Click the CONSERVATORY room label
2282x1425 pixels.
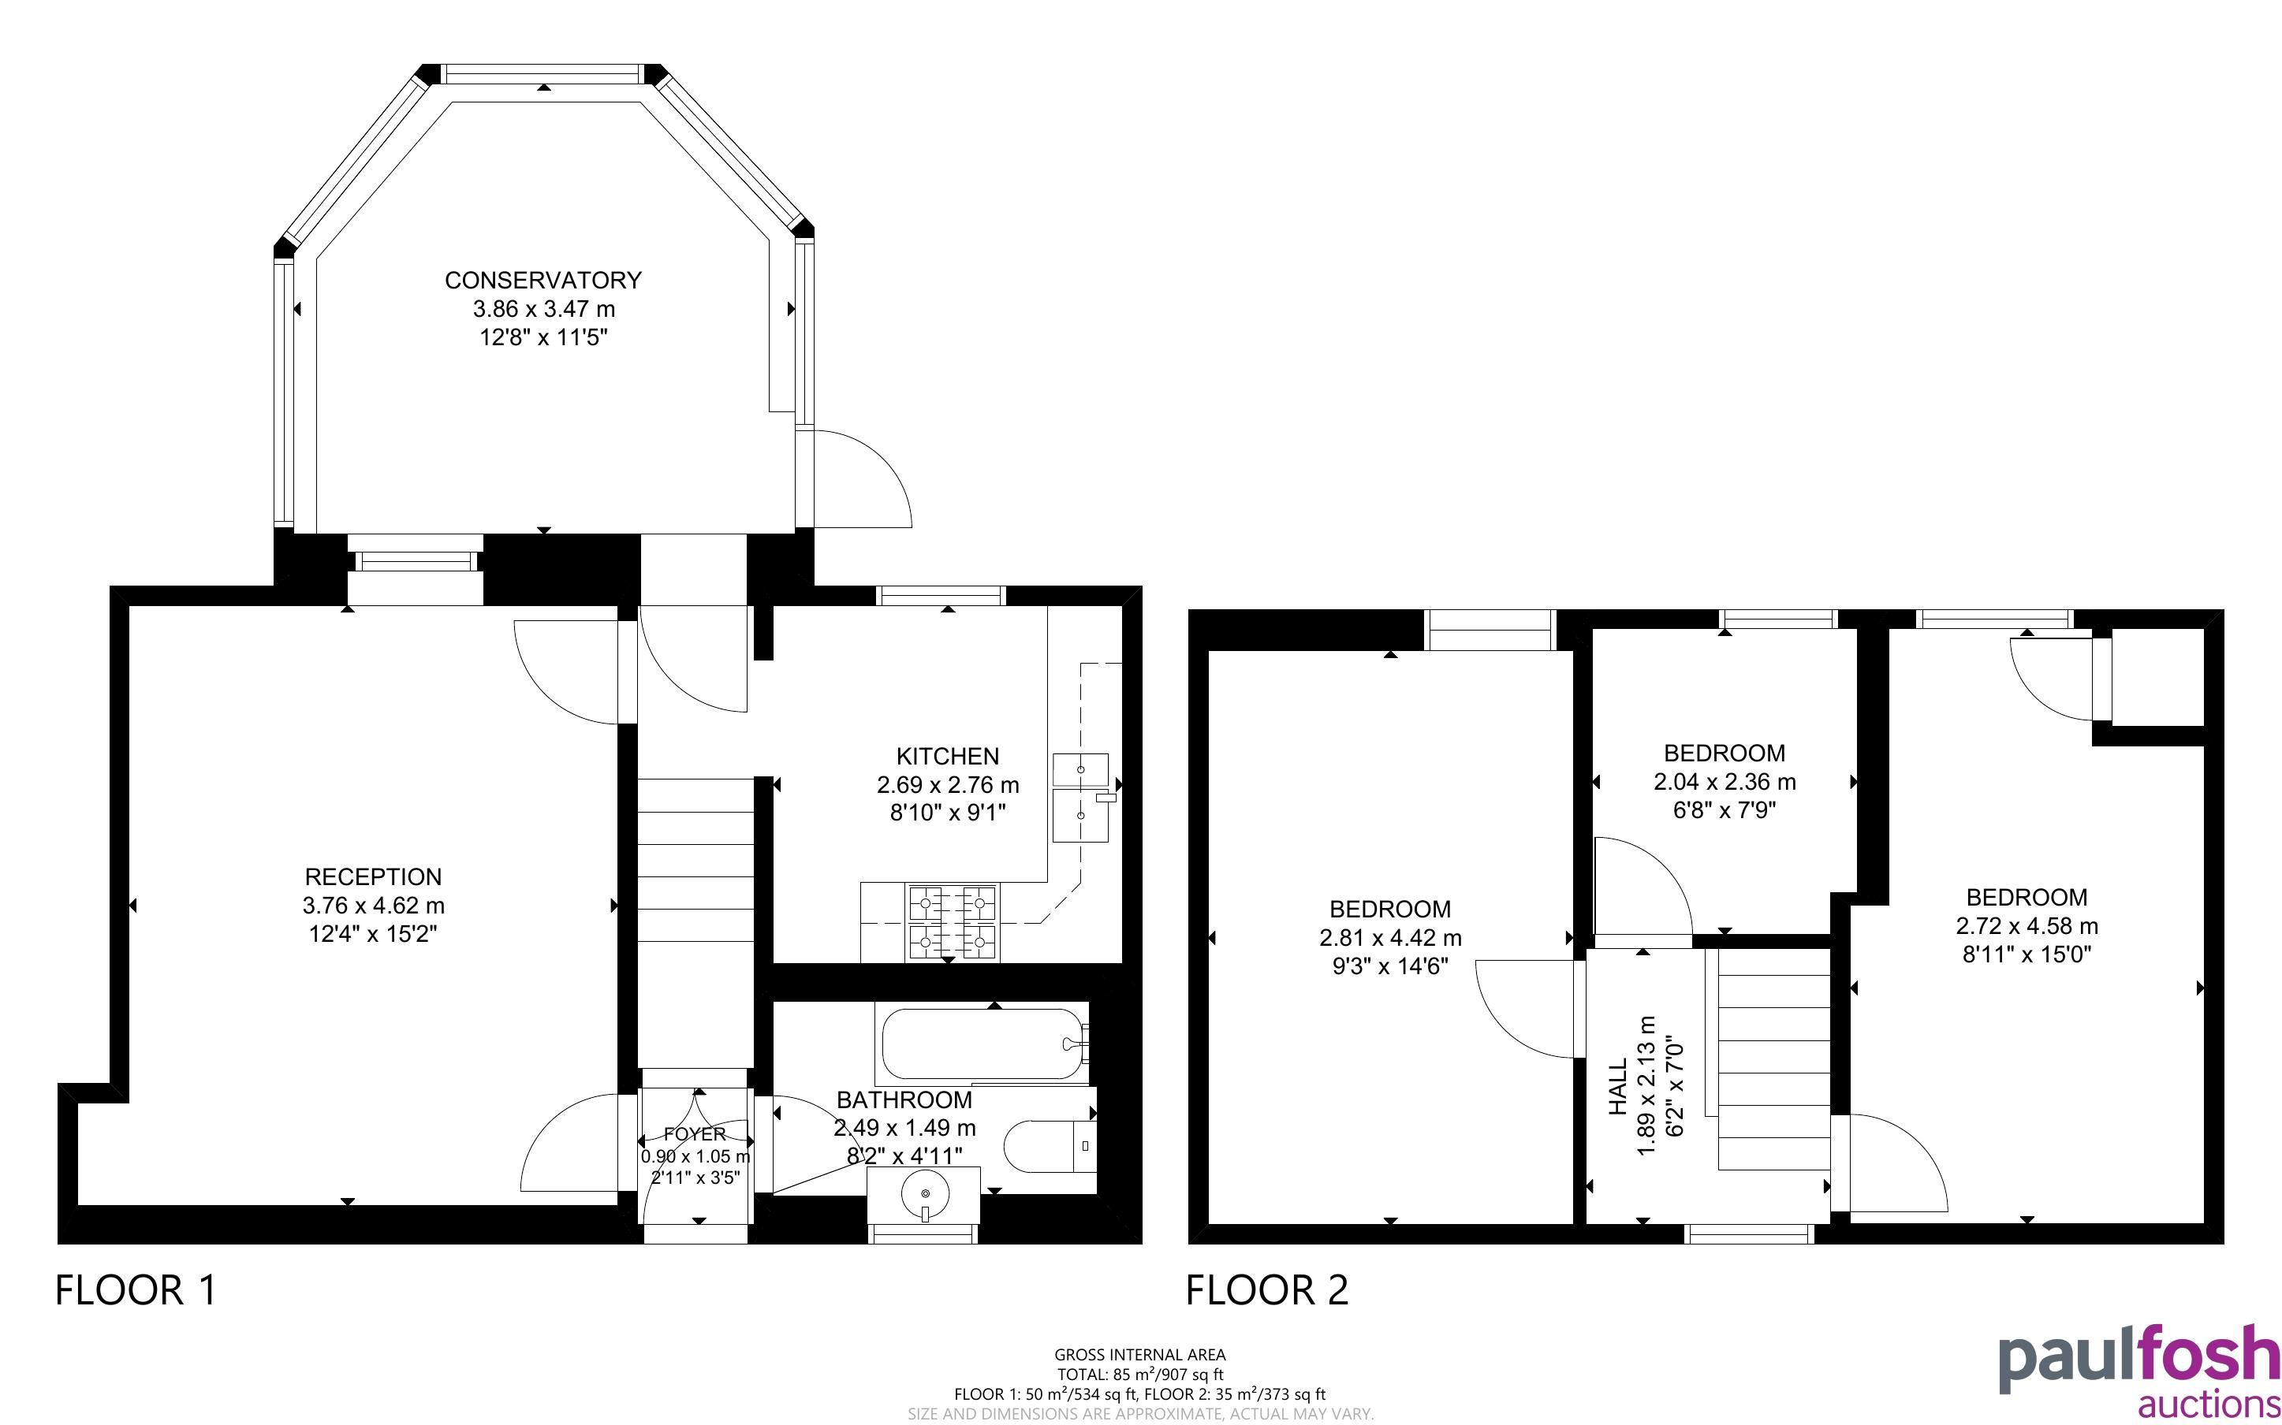(x=543, y=280)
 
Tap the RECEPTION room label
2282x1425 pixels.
(x=373, y=876)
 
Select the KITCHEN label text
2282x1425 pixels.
(x=947, y=756)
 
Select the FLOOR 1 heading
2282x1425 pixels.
(x=136, y=1289)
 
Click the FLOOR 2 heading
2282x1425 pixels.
(x=1267, y=1289)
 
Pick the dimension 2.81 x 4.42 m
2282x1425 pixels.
(x=1390, y=938)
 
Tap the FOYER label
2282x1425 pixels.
(x=695, y=1134)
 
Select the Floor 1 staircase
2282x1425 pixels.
(x=696, y=924)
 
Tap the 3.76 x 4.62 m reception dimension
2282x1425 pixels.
(x=373, y=906)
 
